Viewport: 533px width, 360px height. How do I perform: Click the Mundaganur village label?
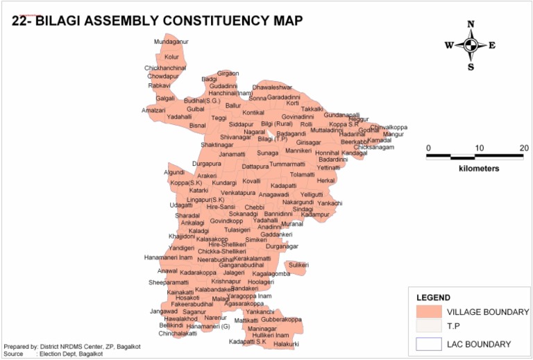[x=171, y=42]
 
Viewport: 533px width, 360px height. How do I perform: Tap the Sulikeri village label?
[x=298, y=265]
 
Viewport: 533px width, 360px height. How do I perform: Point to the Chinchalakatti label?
[x=178, y=334]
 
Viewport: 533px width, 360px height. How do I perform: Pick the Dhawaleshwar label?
[x=272, y=88]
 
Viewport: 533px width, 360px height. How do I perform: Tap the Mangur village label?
[x=393, y=134]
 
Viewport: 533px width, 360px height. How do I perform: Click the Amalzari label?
[x=153, y=110]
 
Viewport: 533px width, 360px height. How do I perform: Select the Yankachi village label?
[x=330, y=203]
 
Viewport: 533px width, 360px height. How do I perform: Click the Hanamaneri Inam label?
[x=168, y=257]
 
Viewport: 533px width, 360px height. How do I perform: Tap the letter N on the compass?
[x=471, y=24]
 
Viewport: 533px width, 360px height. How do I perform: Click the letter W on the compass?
[x=449, y=46]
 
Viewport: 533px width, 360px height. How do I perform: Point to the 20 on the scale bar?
[x=523, y=148]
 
